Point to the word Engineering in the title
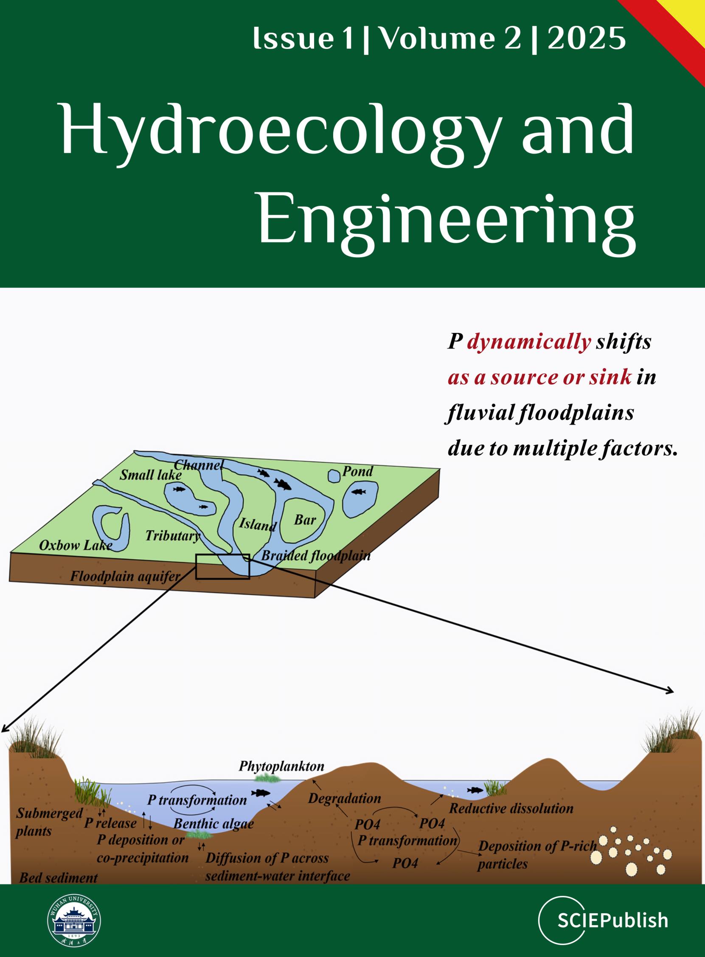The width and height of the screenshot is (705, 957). (447, 219)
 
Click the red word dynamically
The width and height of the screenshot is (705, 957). (529, 342)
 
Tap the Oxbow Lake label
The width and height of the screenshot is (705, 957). (76, 545)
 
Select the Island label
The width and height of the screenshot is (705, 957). (258, 524)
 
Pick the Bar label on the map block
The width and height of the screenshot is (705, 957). (305, 520)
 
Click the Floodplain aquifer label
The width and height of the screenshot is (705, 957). (125, 577)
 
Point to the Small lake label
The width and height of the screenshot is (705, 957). (150, 475)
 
